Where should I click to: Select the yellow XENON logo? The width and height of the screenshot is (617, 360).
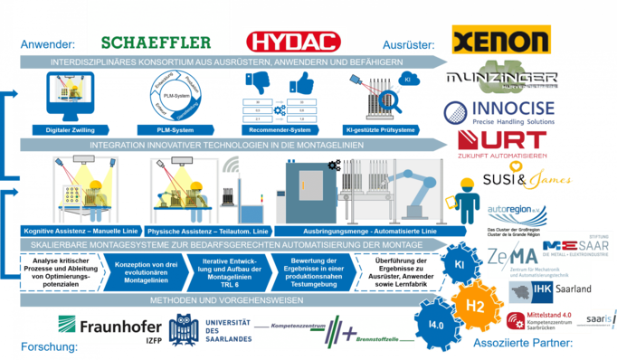pos(500,40)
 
